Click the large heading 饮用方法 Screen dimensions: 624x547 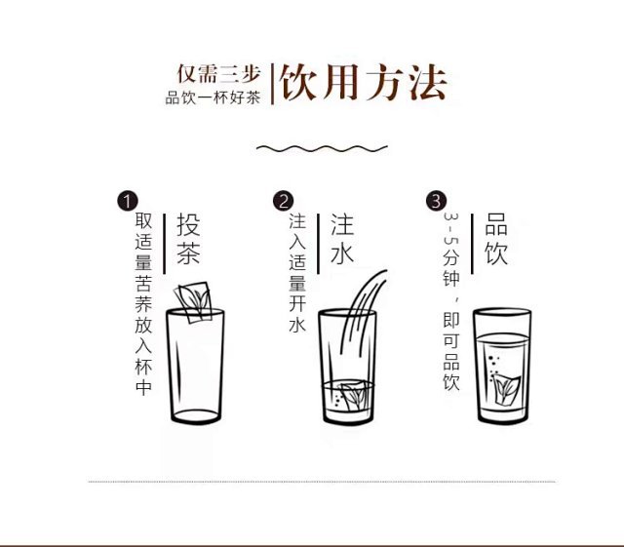pos(364,83)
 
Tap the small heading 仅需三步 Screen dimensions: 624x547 pos(218,74)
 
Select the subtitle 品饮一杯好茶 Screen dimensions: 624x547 pos(213,98)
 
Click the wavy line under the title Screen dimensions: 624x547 pos(322,148)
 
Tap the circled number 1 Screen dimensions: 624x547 pos(128,201)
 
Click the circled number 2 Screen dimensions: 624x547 pos(283,201)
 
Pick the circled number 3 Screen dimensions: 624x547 pos(436,201)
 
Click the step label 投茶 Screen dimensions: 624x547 pos(188,239)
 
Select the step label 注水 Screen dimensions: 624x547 pos(342,239)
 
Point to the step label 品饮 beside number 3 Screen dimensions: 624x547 pos(496,239)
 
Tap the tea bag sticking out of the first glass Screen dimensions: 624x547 pos(193,301)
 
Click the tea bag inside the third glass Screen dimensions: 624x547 pos(506,390)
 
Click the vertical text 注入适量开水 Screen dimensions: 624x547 pos(297,273)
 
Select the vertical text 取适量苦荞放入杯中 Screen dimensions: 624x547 pos(143,304)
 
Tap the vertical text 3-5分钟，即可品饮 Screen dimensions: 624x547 pos(451,301)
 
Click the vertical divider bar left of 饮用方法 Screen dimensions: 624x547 pos(273,84)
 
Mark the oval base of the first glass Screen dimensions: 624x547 pos(196,417)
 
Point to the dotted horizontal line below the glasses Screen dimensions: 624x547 pos(322,482)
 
